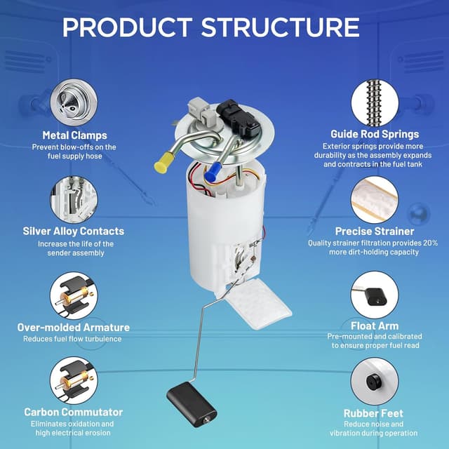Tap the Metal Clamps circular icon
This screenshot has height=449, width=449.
74,102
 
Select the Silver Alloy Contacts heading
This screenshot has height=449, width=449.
74,231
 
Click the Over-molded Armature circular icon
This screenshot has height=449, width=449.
74,295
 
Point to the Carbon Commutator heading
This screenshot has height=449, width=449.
74,412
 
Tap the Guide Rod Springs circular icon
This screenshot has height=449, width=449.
375,102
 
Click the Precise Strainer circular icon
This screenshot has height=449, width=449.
375,199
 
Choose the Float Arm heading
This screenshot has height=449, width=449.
375,326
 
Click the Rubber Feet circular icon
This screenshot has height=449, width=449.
375,382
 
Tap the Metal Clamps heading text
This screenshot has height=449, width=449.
74,135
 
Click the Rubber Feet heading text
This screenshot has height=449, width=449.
375,413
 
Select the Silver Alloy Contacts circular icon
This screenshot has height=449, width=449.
74,199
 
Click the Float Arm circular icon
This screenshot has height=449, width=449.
375,294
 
